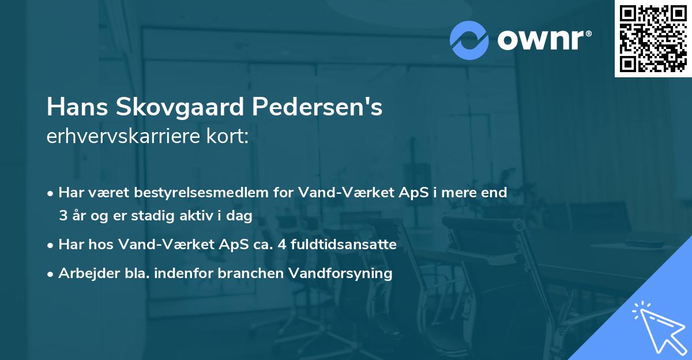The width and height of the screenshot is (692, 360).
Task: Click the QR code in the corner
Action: [x=653, y=39]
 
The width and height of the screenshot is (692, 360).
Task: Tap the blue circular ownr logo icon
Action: [x=469, y=40]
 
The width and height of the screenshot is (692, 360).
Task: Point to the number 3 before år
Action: [x=62, y=216]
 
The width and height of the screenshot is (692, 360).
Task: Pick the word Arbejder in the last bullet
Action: [x=85, y=273]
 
